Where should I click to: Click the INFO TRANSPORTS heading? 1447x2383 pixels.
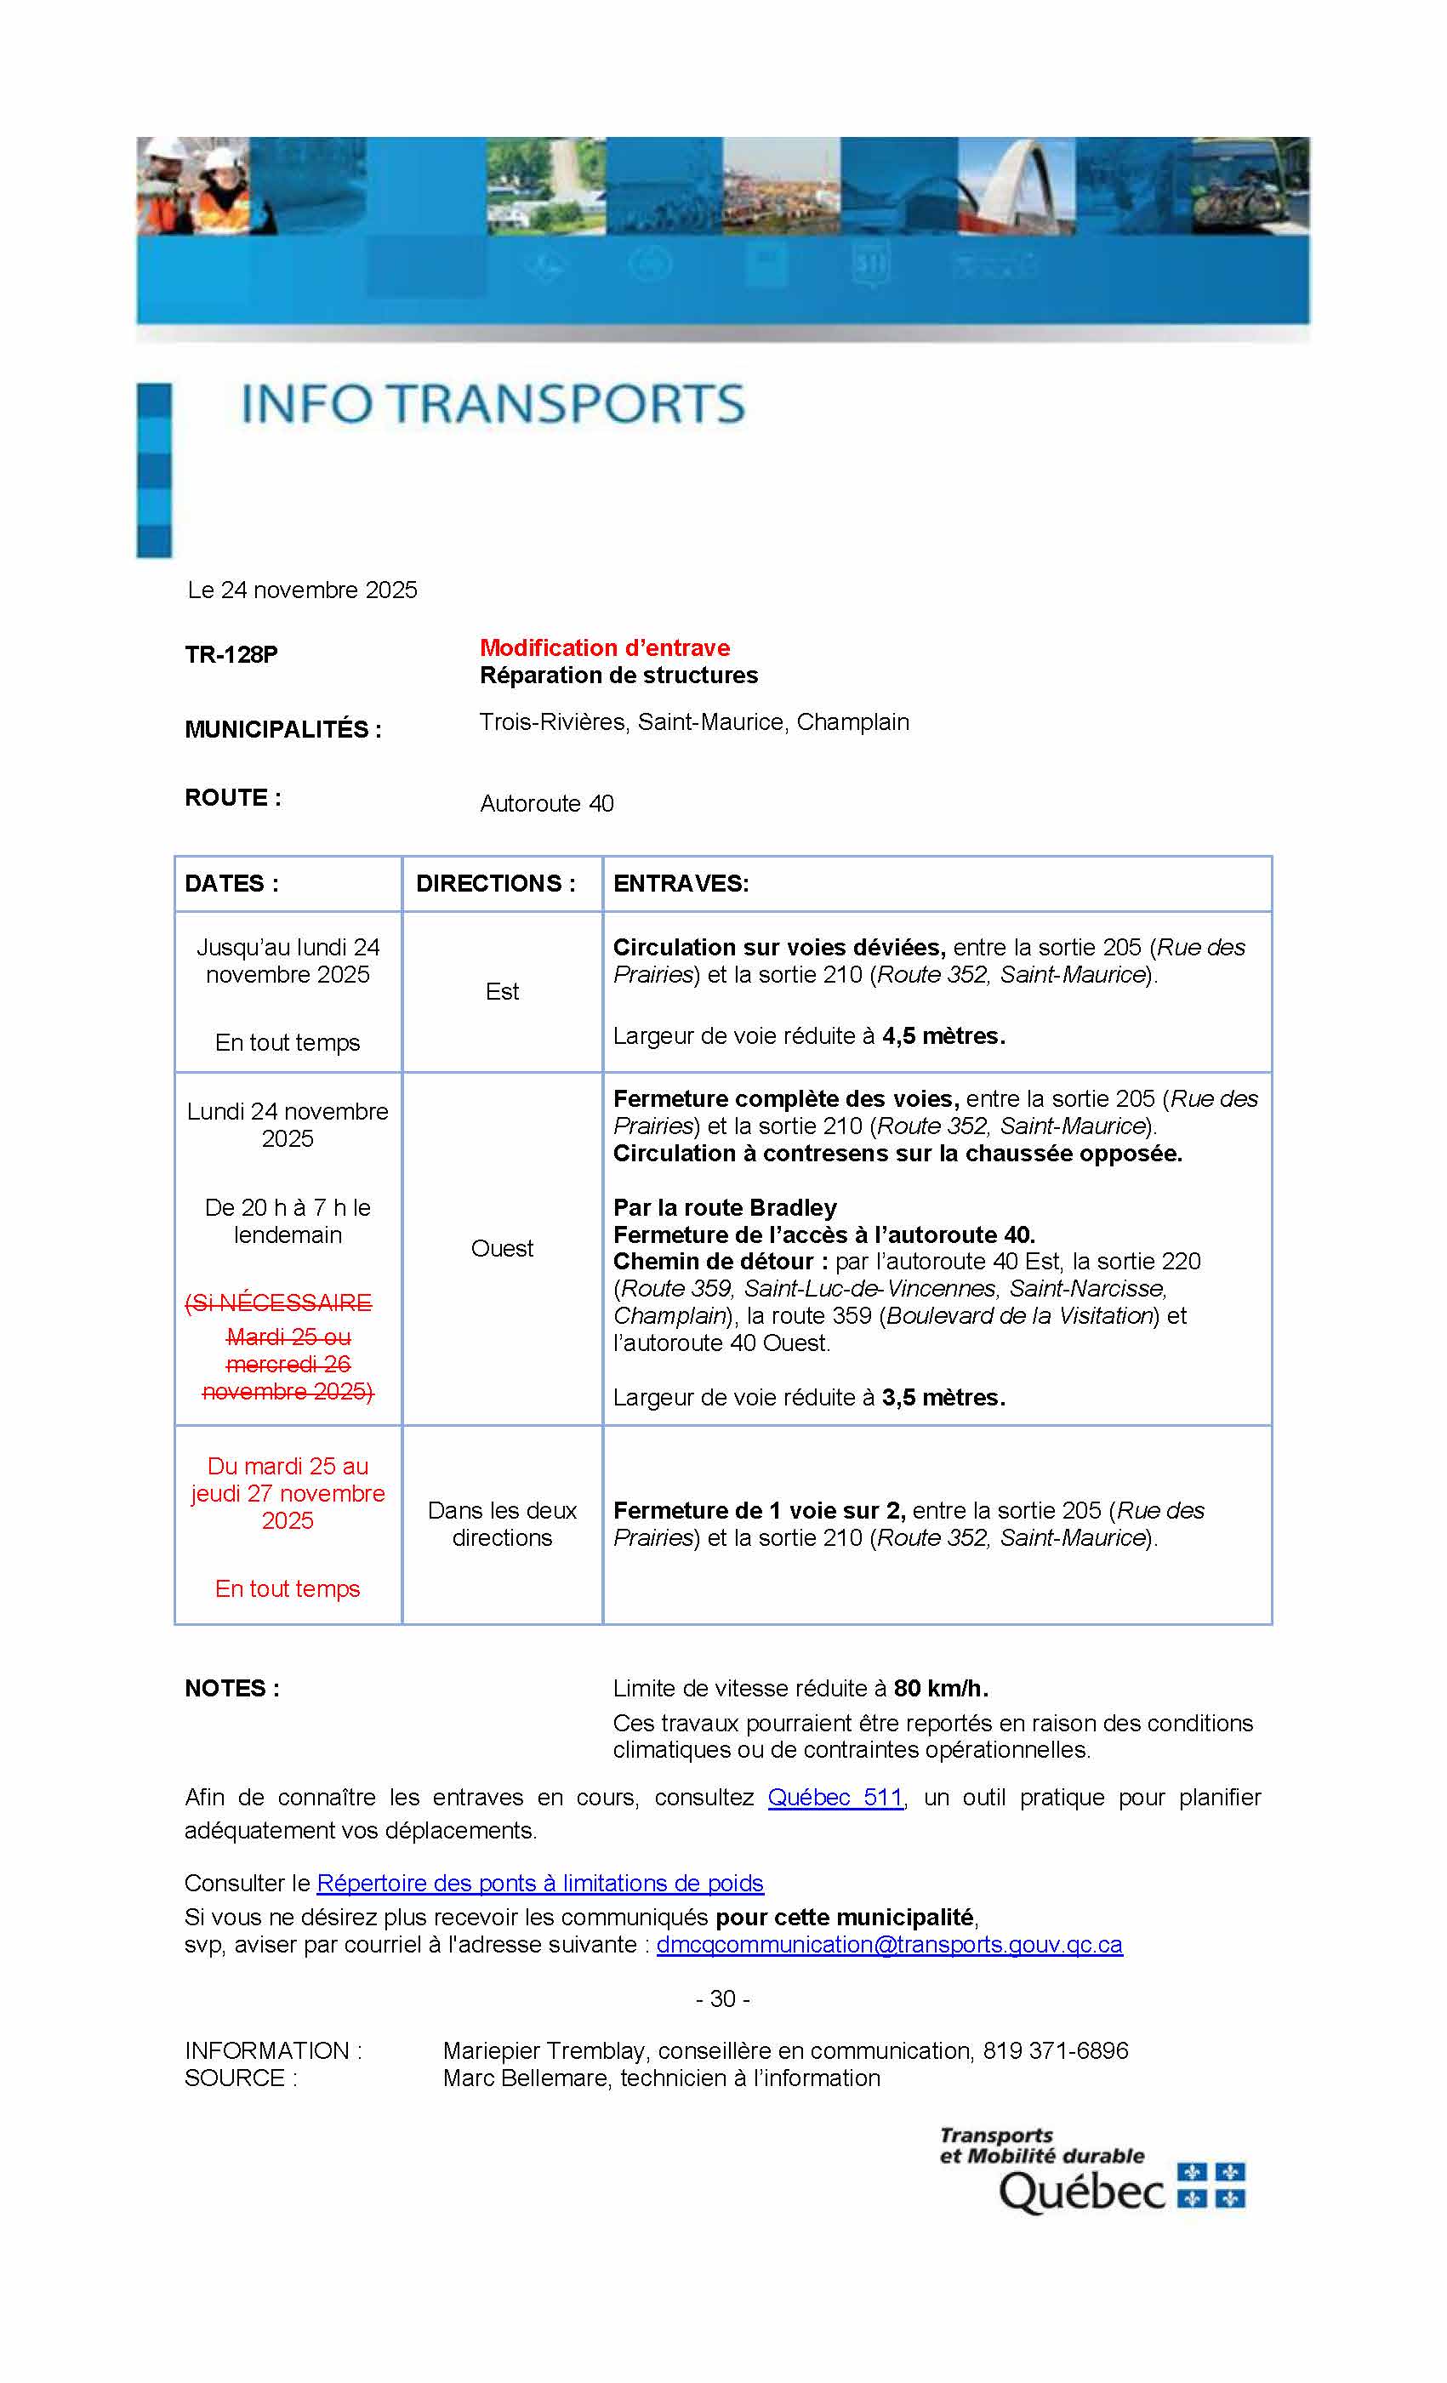[x=493, y=404]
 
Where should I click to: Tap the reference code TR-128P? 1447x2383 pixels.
[x=231, y=655]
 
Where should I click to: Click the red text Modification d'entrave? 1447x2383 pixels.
[x=605, y=648]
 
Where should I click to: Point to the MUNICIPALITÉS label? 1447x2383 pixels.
[x=282, y=729]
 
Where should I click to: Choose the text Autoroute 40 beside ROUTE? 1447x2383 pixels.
[x=546, y=804]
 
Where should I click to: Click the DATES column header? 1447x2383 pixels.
[x=231, y=883]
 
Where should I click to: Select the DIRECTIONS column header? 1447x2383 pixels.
[x=495, y=883]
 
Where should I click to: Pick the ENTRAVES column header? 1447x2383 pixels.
[x=681, y=883]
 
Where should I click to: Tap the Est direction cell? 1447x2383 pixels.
[x=502, y=991]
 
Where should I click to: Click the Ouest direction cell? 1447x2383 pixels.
[x=502, y=1249]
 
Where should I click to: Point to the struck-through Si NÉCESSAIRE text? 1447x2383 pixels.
[x=278, y=1303]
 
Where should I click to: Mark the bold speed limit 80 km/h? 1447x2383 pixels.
[x=940, y=1688]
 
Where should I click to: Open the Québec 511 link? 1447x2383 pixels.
[x=835, y=1797]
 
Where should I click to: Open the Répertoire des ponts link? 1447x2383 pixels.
[x=539, y=1883]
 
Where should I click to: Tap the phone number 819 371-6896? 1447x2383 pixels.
[x=1056, y=2050]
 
